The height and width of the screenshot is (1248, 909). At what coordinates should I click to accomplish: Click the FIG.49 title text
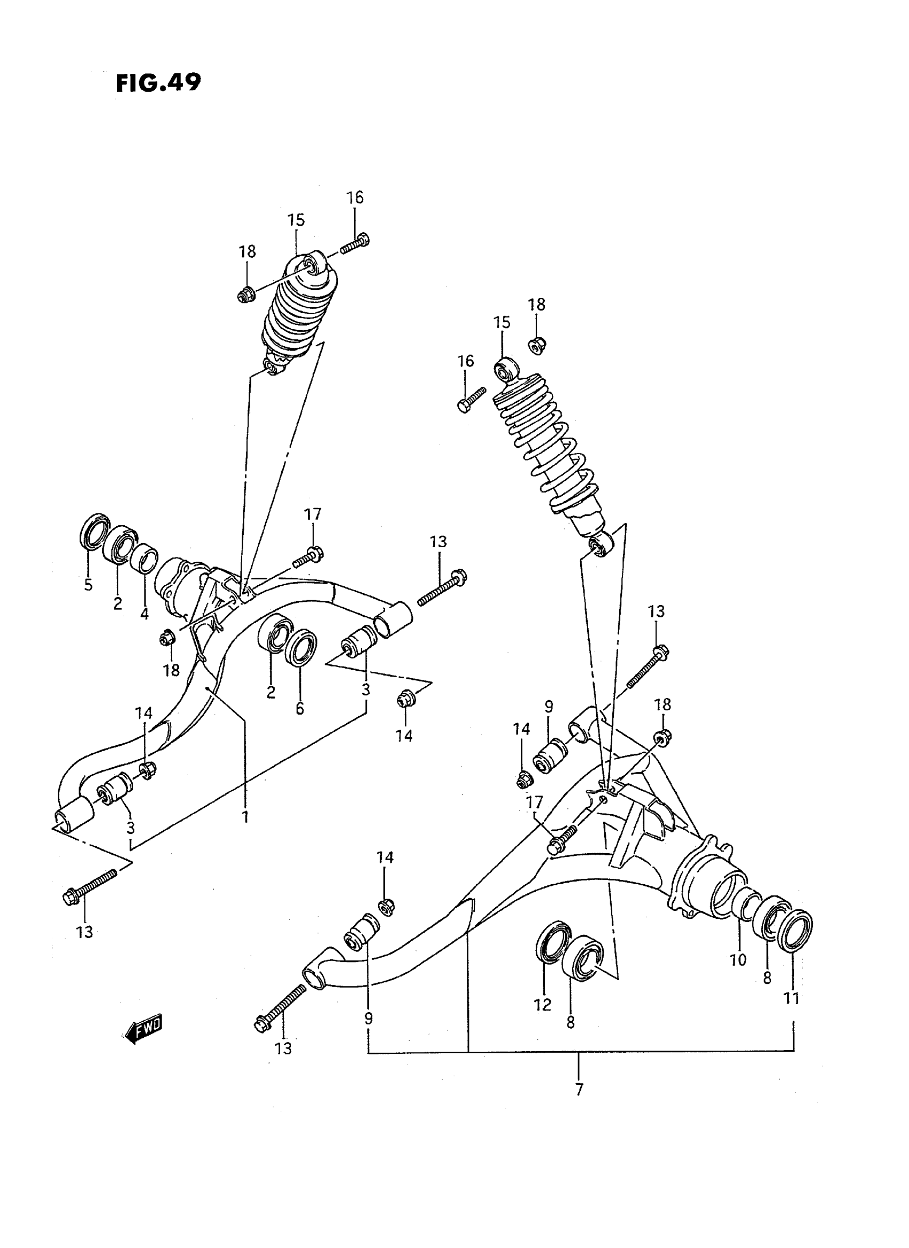click(x=158, y=83)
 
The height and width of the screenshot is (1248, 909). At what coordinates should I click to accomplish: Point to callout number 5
click(x=88, y=585)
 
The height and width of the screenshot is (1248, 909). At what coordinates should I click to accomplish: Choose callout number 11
click(x=791, y=998)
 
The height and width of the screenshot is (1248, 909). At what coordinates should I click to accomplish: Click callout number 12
click(x=543, y=1005)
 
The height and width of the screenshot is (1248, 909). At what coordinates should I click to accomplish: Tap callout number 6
click(x=299, y=708)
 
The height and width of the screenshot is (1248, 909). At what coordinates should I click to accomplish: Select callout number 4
click(x=144, y=612)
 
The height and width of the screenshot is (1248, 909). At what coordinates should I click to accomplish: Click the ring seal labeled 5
click(x=95, y=531)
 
